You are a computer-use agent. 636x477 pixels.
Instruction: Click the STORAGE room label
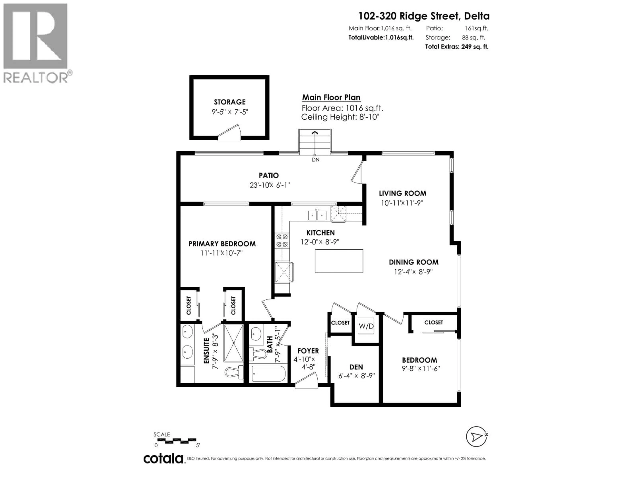(x=229, y=102)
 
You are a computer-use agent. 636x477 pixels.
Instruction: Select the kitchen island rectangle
(x=339, y=261)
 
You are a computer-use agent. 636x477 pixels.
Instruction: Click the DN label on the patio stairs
(x=315, y=159)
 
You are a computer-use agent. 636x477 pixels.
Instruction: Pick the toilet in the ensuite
(x=234, y=373)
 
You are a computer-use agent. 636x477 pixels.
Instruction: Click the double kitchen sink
(x=317, y=215)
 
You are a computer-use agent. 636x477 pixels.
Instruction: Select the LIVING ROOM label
(x=402, y=193)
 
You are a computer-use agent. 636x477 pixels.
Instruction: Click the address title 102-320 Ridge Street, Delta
(x=424, y=16)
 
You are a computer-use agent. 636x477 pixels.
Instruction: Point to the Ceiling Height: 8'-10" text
(x=340, y=117)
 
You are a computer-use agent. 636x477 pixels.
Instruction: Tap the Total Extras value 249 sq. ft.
(x=474, y=47)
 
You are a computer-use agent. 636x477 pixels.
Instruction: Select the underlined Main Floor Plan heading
(x=331, y=97)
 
